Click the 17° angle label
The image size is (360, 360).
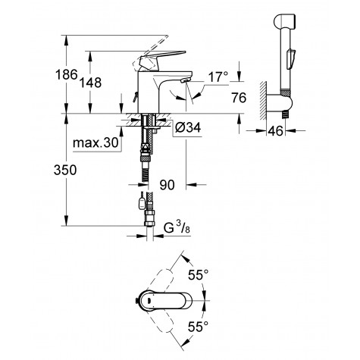(220, 77)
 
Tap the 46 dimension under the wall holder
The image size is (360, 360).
(277, 132)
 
